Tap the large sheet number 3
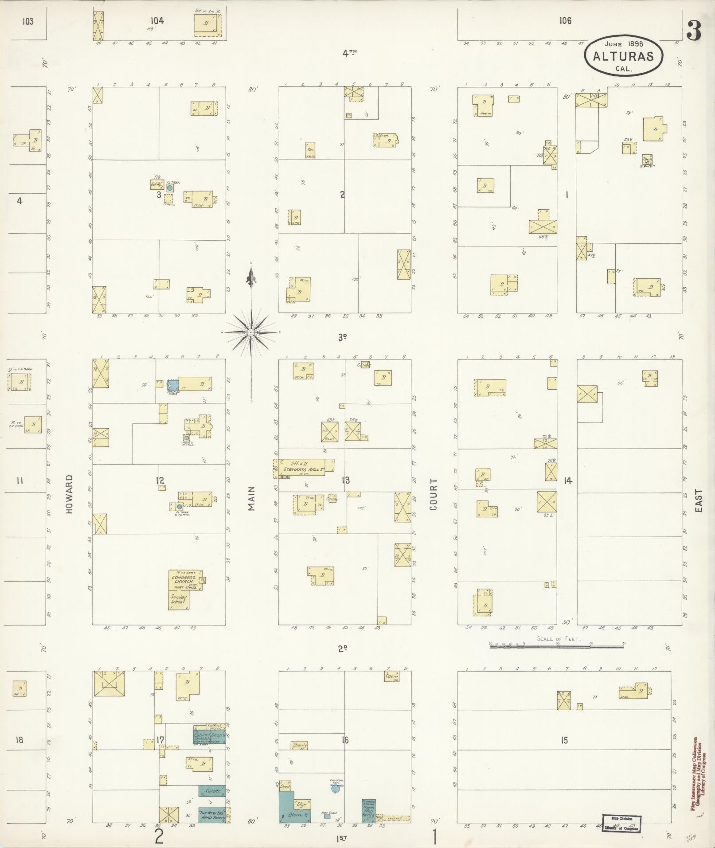click(x=694, y=31)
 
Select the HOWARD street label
click(x=69, y=494)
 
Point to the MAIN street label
click(x=252, y=498)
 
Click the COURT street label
click(x=433, y=494)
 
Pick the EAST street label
click(x=699, y=501)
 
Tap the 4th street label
click(x=349, y=53)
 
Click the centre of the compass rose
click(x=251, y=332)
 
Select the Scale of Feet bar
click(x=557, y=647)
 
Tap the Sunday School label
click(x=179, y=600)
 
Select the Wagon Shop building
click(x=368, y=811)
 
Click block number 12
click(x=160, y=481)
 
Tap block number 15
click(x=564, y=740)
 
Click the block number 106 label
click(x=565, y=20)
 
